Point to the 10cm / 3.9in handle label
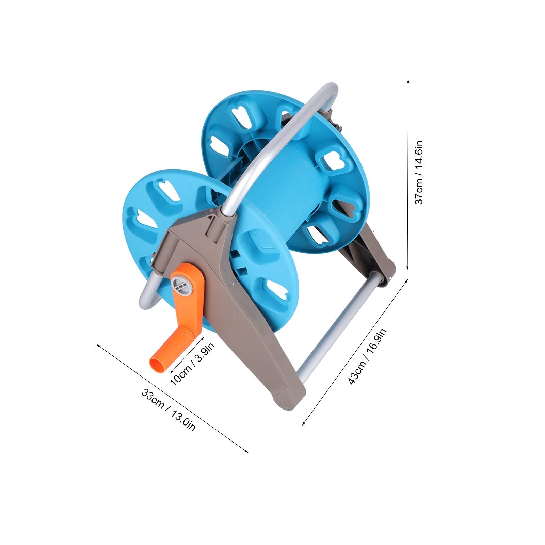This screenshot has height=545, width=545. [192, 364]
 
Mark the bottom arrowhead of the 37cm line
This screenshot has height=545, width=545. [408, 268]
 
